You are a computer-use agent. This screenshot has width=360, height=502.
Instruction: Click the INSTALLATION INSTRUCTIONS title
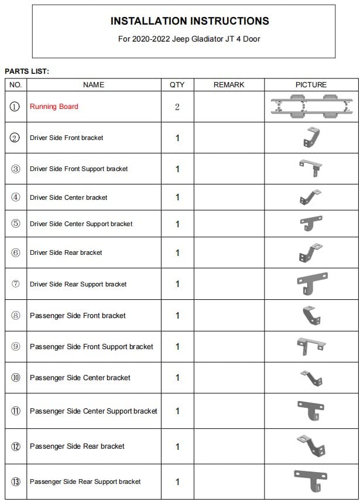coord(190,21)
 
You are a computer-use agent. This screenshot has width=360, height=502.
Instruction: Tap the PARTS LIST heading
coord(27,71)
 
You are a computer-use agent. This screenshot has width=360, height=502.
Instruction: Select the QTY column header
coord(177,85)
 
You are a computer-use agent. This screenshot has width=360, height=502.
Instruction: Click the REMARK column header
coord(229,85)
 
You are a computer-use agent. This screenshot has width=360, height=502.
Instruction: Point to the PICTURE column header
coord(311,85)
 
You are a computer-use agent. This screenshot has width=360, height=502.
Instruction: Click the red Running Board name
coord(54,107)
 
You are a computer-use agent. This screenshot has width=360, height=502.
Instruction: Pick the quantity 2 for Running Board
coord(177,107)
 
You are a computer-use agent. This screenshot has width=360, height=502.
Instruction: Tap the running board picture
coord(311,106)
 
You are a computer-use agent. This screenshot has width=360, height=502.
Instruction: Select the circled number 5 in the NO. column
coord(16,224)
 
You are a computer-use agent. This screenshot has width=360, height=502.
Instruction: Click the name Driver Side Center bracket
coord(68,197)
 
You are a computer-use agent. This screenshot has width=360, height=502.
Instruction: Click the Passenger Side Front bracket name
coord(78,316)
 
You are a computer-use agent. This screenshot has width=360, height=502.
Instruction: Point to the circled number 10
coord(16,378)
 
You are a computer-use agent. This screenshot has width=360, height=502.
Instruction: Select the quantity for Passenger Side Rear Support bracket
coord(177,482)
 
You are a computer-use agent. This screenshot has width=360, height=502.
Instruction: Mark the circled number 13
coord(16,482)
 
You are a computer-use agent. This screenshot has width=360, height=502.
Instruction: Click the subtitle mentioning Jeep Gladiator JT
coord(190,39)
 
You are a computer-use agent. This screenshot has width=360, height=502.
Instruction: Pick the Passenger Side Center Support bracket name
coord(94,411)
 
